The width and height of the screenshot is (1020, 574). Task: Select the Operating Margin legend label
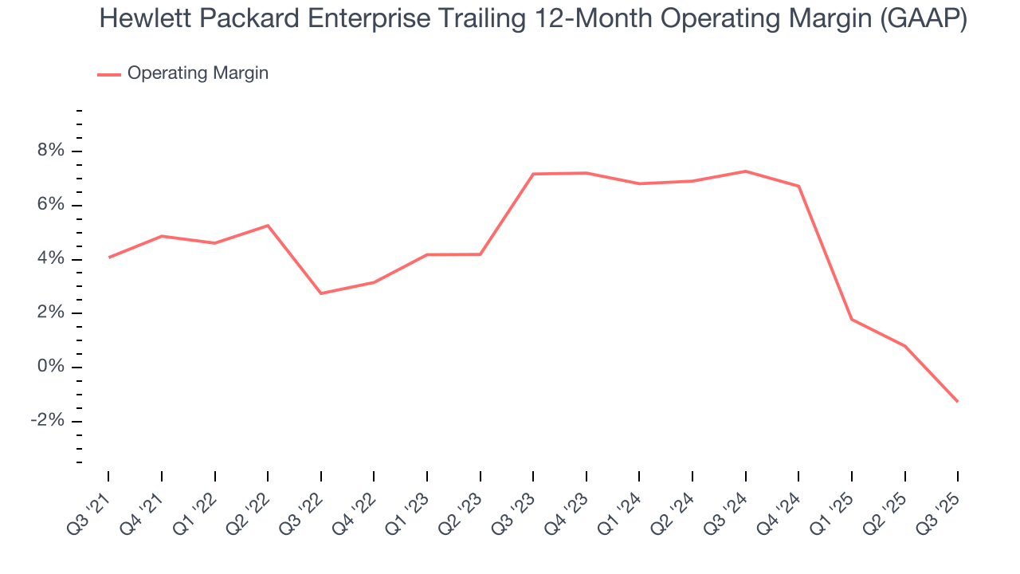coord(198,73)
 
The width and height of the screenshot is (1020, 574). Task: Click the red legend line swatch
coord(109,74)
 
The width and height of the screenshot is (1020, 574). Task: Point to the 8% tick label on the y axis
coord(47,151)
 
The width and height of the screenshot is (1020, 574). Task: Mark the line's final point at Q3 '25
coord(957,401)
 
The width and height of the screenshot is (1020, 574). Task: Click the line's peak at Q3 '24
coord(745,171)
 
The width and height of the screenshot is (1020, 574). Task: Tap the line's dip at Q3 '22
coord(321,293)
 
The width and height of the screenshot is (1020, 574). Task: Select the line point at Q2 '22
coord(268,226)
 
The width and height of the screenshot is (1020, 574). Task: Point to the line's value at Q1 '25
coord(851,319)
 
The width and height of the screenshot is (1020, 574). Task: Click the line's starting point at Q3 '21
coord(109,257)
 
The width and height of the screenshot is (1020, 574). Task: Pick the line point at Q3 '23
coord(533,174)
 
